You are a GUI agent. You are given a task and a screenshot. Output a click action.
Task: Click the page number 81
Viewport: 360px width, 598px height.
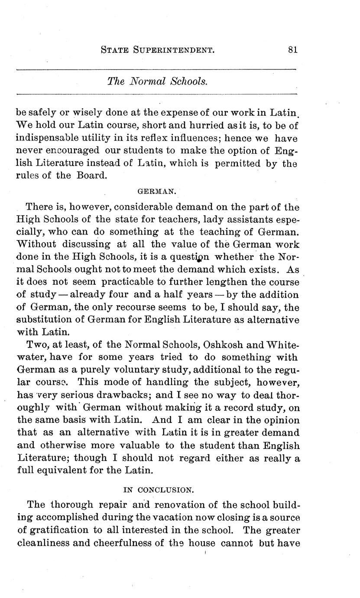tap(292, 49)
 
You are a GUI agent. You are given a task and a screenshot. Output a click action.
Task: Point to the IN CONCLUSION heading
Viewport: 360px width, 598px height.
tap(158, 490)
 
